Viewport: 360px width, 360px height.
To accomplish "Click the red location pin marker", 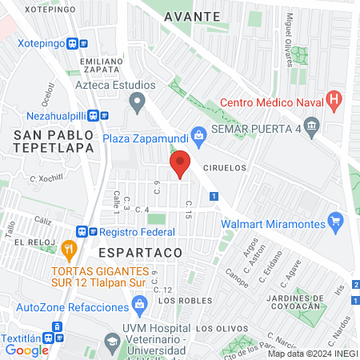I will (x=180, y=165).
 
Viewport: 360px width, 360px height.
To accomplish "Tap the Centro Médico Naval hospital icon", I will (x=335, y=102).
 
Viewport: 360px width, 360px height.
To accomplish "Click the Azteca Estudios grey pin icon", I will (x=137, y=102).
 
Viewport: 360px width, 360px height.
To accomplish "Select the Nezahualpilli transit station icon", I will (x=94, y=114).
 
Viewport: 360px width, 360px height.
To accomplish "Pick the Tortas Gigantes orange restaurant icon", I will (x=70, y=249).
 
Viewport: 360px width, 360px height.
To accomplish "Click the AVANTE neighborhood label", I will (x=192, y=16).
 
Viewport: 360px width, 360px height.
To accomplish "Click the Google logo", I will (x=27, y=350).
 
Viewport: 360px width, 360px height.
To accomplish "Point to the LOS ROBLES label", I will (x=179, y=301).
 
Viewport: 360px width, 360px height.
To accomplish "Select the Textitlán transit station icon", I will (x=57, y=327).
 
